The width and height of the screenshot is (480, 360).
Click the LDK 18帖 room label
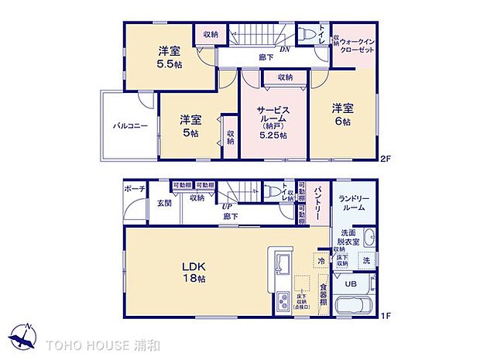(193, 272)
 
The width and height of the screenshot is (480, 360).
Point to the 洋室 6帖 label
(342, 115)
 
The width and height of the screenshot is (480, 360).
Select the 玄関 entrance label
(164, 204)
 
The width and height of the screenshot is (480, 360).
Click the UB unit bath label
(350, 284)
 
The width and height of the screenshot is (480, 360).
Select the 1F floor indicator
(384, 317)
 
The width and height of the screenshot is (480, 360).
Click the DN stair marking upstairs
(285, 48)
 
